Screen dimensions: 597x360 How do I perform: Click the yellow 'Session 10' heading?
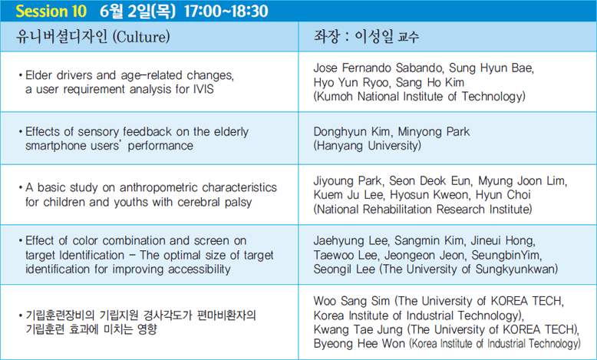coord(51,11)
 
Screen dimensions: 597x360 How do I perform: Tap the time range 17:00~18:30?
coord(226,11)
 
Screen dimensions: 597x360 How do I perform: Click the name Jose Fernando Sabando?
coord(378,68)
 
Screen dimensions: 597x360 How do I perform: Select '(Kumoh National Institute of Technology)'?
coord(419,97)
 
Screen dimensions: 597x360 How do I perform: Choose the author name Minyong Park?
coord(434,132)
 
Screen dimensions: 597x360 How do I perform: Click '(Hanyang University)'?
coord(368,146)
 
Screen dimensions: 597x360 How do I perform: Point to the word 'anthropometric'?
coord(159,188)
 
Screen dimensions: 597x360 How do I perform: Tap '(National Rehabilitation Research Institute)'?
coord(423,209)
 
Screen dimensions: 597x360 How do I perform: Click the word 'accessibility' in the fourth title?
coord(200,269)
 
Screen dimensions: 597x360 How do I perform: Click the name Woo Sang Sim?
coord(351,301)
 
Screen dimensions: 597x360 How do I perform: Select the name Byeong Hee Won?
coord(359,344)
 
